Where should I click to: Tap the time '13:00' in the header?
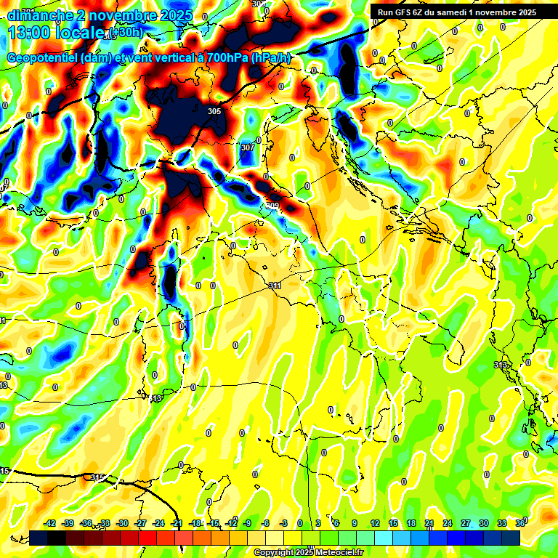point(30,33)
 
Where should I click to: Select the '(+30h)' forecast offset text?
point(125,33)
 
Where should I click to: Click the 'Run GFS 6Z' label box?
point(453,12)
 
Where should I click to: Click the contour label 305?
point(214,111)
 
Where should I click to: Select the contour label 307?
point(247,147)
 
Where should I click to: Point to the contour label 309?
point(272,206)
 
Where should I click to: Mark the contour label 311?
point(275,286)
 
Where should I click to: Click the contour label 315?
point(98,477)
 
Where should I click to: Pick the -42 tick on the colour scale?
point(49,523)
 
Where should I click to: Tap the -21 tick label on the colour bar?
point(177,523)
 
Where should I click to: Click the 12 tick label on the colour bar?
point(374,523)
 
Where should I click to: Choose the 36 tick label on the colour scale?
point(519,523)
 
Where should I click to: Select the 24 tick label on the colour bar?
point(447,523)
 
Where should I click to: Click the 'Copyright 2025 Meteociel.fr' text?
point(308,552)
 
